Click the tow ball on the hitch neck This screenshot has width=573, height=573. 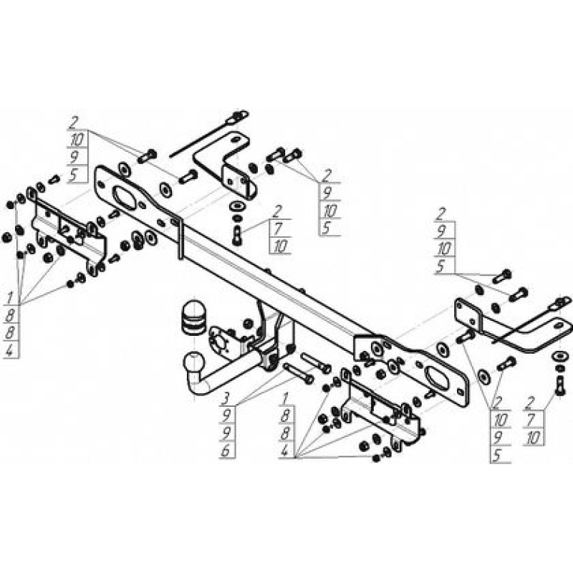[193, 362]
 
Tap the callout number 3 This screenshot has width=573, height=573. [226, 398]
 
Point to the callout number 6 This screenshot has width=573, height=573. [226, 451]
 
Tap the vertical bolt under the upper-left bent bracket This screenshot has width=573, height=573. [237, 236]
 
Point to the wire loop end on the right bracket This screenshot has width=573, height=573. [562, 302]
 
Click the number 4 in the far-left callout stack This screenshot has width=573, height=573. [10, 351]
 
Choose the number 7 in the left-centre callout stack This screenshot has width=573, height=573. [278, 228]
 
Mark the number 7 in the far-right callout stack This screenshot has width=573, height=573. [534, 420]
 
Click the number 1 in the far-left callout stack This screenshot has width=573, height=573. [10, 298]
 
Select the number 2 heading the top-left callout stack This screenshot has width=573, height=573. [74, 122]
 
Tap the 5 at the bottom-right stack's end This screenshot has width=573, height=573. [496, 456]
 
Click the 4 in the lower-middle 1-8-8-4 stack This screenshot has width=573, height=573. [285, 451]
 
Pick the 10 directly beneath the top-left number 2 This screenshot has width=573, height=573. [77, 139]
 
